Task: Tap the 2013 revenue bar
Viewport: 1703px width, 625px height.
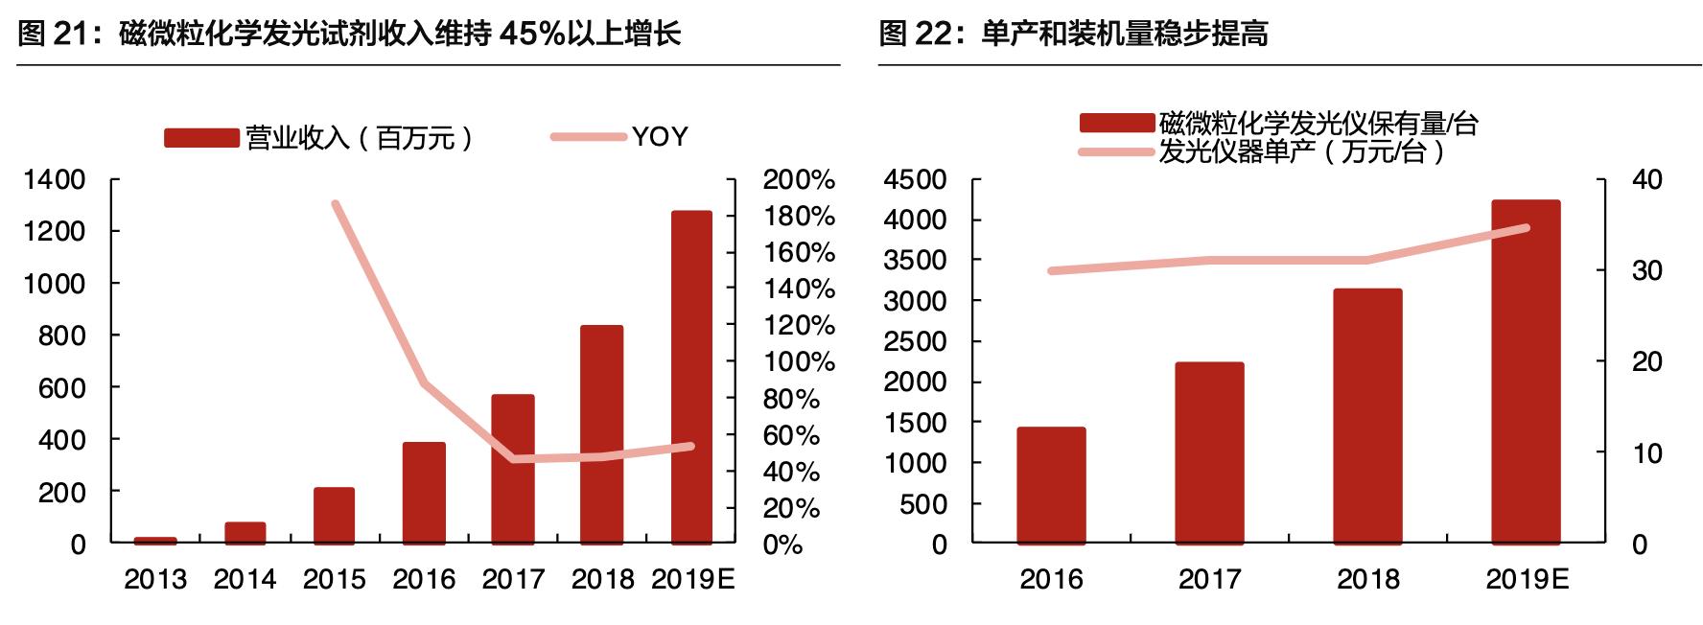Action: point(155,541)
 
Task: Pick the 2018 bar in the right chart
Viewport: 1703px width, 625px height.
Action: point(1367,416)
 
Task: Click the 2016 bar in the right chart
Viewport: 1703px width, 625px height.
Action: point(1051,485)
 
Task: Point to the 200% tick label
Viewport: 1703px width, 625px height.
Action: point(798,179)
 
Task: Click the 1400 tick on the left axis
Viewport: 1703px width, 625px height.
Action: point(54,179)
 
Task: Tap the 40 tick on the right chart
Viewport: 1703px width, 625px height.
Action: point(1646,179)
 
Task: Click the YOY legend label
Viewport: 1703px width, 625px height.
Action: point(660,137)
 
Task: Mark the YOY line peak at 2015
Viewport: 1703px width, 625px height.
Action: point(335,203)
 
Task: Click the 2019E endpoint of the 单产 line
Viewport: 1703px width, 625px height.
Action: point(1526,227)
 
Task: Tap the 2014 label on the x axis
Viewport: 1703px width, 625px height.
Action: point(245,579)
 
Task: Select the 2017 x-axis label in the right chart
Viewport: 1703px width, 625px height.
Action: point(1209,579)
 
